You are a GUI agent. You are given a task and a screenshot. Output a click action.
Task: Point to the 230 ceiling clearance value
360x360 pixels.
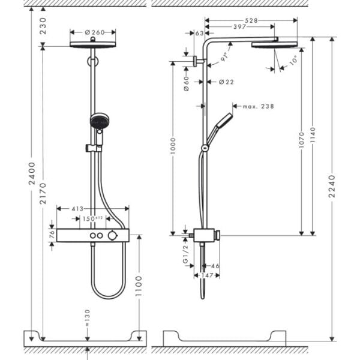43,28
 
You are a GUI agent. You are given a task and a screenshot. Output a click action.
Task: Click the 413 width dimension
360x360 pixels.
77,209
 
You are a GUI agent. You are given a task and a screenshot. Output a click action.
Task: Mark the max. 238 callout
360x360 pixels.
258,106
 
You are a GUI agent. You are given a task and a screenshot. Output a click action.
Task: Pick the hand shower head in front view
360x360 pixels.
100,122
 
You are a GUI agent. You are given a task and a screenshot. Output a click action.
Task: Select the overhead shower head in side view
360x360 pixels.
274,44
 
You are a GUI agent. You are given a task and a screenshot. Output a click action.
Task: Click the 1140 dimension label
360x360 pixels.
311,137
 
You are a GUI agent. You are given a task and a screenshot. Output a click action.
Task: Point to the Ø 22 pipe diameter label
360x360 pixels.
226,82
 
